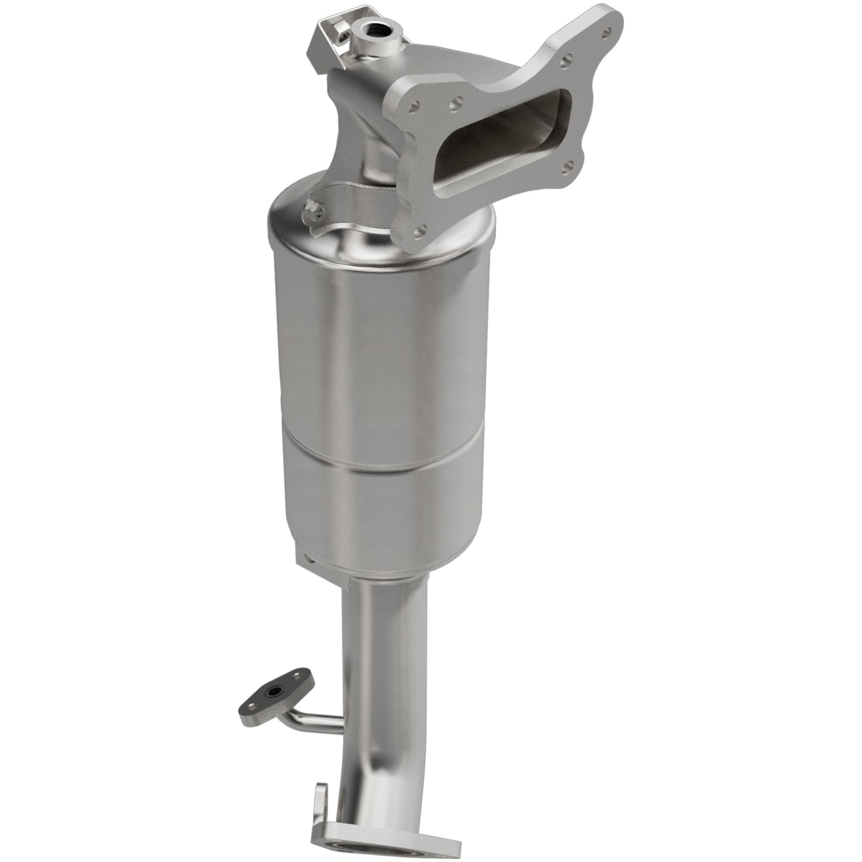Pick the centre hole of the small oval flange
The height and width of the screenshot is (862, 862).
(273, 693)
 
